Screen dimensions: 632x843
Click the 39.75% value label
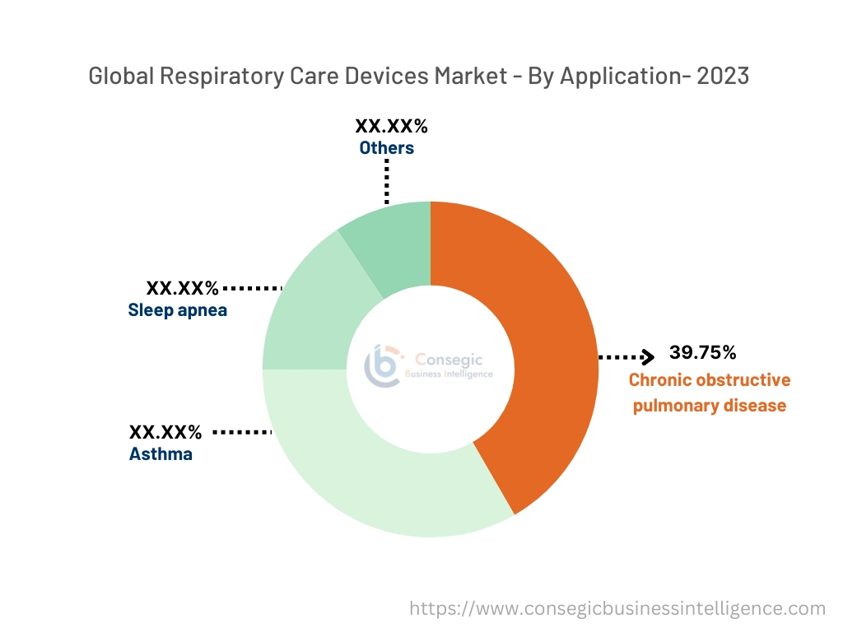[702, 353]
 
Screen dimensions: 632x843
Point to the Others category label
[386, 148]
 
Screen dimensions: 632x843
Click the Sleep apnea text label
[177, 311]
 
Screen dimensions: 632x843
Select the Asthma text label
[161, 453]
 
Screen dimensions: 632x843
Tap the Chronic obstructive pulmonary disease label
[709, 393]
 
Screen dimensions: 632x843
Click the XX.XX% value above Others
[391, 127]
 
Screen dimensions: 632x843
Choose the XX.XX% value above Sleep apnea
[182, 289]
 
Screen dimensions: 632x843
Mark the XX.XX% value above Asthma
[165, 432]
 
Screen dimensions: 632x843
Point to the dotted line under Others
[386, 181]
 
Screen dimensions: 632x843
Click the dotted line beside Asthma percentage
[242, 432]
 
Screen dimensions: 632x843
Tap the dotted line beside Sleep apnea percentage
[253, 289]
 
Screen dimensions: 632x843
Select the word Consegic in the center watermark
[449, 359]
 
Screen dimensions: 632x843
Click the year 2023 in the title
[723, 77]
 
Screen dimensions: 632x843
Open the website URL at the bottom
[617, 608]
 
